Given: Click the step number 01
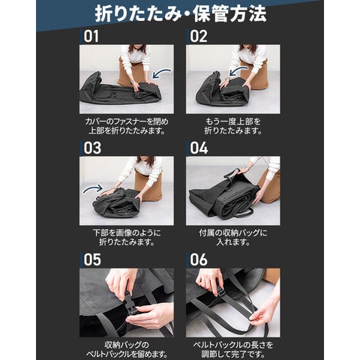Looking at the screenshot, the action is click(91, 37).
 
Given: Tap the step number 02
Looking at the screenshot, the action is click(199, 37).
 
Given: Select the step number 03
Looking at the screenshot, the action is click(92, 148).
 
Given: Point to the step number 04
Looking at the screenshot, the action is click(199, 148).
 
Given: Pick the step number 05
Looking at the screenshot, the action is click(92, 259).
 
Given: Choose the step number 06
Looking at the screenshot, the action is click(199, 259).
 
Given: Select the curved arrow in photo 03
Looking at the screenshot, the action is click(93, 188).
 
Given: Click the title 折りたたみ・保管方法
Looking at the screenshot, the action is click(181, 14).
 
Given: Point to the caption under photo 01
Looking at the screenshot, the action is click(127, 126).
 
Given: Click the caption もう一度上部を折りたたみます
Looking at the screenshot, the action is click(233, 126).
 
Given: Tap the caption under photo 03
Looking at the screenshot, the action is click(127, 238).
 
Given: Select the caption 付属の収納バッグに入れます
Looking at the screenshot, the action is click(233, 238).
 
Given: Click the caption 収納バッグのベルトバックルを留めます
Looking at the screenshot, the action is click(127, 349).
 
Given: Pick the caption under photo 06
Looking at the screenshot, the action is click(233, 349).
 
